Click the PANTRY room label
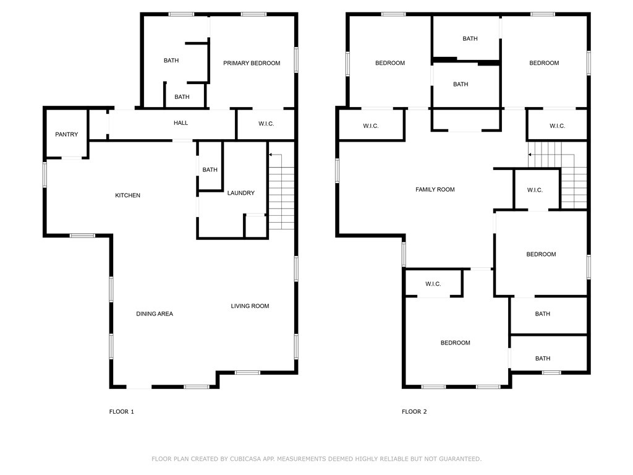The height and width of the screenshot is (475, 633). point(67,134)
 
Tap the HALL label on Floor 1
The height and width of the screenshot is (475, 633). point(181,123)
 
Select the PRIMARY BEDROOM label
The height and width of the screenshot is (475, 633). point(252,63)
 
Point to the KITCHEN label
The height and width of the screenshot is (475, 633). point(127,195)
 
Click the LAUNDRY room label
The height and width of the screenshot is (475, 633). point(241,193)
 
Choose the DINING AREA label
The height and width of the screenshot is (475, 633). point(155,314)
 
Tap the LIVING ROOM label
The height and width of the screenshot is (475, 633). point(250,306)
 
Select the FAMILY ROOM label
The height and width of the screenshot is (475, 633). point(435,189)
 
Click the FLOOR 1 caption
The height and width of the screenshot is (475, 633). point(122,411)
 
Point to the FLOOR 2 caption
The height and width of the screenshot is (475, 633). point(414,411)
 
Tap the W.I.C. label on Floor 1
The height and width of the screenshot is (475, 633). point(266,124)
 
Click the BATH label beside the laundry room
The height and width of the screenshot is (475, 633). point(210,169)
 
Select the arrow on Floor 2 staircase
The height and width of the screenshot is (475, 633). point(534,155)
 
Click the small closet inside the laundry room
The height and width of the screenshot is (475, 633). point(255,226)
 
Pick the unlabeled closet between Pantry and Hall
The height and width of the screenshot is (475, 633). point(98,124)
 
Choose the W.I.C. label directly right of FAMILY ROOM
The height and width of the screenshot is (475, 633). point(535,190)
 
